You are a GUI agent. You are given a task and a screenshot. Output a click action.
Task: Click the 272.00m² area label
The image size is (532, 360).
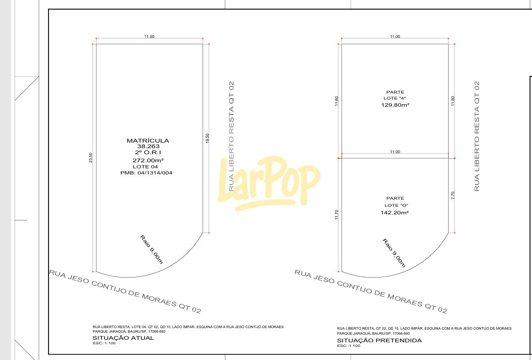pyautogui.click(x=148, y=160)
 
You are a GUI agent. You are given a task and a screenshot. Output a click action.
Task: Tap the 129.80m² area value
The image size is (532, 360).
pyautogui.click(x=395, y=105)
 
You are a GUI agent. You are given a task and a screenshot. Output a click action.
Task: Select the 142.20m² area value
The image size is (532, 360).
pyautogui.click(x=395, y=212)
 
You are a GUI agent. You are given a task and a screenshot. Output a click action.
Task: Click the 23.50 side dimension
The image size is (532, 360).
pyautogui.click(x=90, y=157)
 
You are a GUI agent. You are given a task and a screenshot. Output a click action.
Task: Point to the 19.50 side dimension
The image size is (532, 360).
pyautogui.click(x=207, y=138)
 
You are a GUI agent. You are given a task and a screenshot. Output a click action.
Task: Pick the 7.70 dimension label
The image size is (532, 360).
pyautogui.click(x=453, y=195)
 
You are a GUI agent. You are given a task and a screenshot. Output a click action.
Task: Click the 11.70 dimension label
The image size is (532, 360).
pyautogui.click(x=336, y=215)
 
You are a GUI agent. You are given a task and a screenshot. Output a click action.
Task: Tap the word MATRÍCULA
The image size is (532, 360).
pyautogui.click(x=148, y=141)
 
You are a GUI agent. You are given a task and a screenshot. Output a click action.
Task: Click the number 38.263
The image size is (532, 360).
pyautogui.click(x=148, y=147)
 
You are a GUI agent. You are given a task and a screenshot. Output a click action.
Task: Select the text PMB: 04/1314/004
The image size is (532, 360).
pyautogui.click(x=146, y=173)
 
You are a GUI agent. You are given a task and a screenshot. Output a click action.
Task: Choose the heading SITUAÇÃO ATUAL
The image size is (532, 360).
pyautogui.click(x=123, y=338)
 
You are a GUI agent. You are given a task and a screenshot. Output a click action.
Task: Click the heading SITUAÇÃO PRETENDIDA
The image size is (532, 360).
pyautogui.click(x=379, y=340)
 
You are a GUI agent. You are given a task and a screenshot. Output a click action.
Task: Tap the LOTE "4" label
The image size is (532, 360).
pyautogui.click(x=395, y=98)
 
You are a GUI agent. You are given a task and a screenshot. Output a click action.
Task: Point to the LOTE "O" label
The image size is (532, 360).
pyautogui.click(x=396, y=205)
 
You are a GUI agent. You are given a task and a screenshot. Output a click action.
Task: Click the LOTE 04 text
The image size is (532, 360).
pyautogui.click(x=145, y=167)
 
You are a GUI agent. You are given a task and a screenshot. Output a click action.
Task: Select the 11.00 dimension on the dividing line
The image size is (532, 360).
pyautogui.click(x=395, y=152)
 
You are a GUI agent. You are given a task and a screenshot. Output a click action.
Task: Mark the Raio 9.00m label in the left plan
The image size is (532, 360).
pyautogui.click(x=152, y=249)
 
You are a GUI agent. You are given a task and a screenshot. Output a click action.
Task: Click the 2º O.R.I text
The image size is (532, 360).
pyautogui.click(x=148, y=153)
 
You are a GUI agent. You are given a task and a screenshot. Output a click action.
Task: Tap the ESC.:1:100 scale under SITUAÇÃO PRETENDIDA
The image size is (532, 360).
pyautogui.click(x=349, y=346)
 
